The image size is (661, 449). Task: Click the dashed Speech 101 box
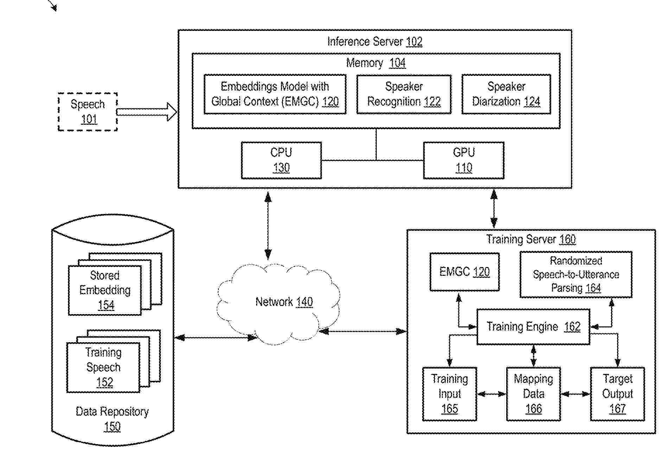click(x=88, y=112)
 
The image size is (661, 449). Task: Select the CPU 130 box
click(x=281, y=160)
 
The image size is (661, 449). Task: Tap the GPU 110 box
click(x=463, y=160)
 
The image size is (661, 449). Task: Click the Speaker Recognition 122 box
click(x=404, y=94)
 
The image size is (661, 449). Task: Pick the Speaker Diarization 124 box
click(x=506, y=94)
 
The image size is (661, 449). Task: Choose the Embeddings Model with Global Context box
click(x=275, y=94)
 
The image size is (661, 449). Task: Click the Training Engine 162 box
click(x=533, y=327)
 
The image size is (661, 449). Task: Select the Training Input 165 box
click(x=449, y=394)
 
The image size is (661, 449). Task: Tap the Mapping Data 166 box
click(x=533, y=394)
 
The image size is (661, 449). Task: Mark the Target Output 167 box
click(x=617, y=394)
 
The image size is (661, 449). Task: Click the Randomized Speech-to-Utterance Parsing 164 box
click(x=576, y=274)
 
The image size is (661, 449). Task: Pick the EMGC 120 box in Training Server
click(x=464, y=272)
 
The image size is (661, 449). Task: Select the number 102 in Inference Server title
click(x=414, y=42)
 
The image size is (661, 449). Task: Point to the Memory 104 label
click(x=376, y=63)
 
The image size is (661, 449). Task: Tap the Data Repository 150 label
click(x=112, y=419)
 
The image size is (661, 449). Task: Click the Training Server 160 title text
click(x=531, y=240)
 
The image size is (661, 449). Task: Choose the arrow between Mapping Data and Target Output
click(x=575, y=394)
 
